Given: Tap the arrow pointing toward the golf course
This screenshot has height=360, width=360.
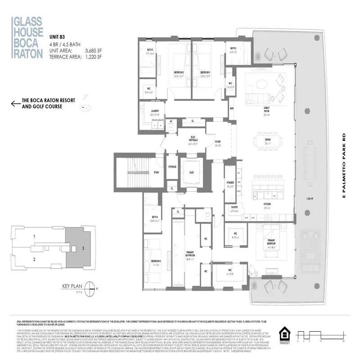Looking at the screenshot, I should pos(15,104).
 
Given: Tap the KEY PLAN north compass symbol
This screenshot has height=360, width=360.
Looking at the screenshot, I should pos(91,287).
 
